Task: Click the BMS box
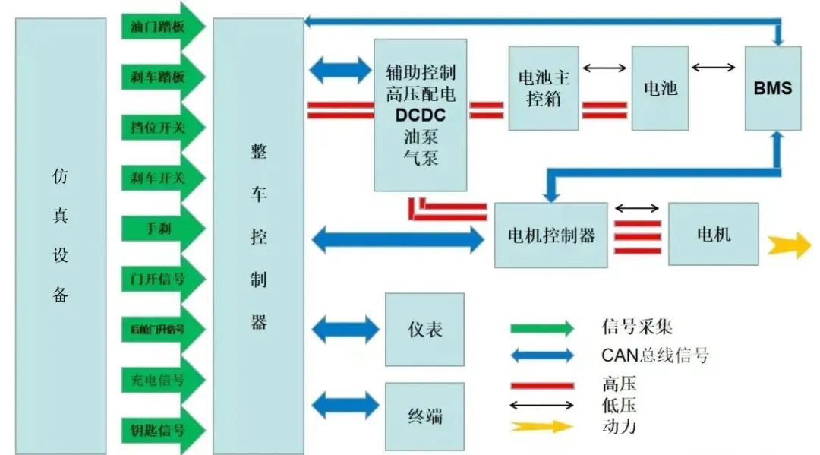(x=772, y=88)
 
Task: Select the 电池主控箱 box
(x=543, y=88)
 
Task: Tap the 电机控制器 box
(x=550, y=235)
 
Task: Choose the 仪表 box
(x=424, y=329)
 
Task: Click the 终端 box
(x=424, y=416)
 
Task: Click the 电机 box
(x=713, y=234)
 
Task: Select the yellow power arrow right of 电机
(x=789, y=245)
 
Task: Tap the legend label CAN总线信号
(x=654, y=354)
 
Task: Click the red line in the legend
(x=542, y=384)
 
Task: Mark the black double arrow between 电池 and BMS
(x=714, y=68)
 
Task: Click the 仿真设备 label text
(x=61, y=235)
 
